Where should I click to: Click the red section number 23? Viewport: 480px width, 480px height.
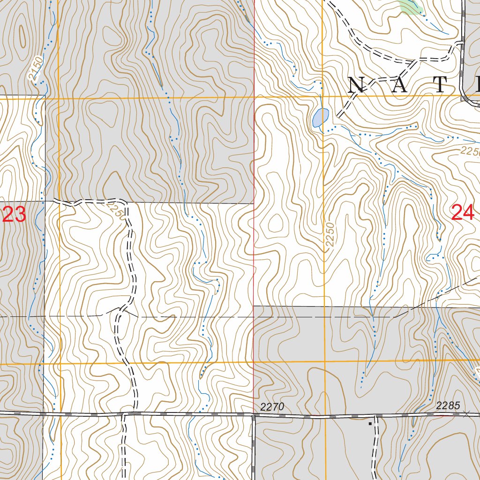14,215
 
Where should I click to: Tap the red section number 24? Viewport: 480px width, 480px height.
463,213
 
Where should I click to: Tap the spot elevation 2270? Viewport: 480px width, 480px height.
272,407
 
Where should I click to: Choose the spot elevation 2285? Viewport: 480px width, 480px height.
448,406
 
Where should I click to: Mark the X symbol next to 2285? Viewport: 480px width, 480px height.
466,414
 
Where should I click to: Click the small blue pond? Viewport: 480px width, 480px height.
321,118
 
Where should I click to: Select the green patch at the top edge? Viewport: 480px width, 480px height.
411,7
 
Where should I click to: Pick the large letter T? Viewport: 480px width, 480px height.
441,85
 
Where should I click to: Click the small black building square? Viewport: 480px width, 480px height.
370,423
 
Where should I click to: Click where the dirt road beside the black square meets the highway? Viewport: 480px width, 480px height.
375,416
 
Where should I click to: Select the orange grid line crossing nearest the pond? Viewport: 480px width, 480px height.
323,96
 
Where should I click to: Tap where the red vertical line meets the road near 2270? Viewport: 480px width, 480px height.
254,415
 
